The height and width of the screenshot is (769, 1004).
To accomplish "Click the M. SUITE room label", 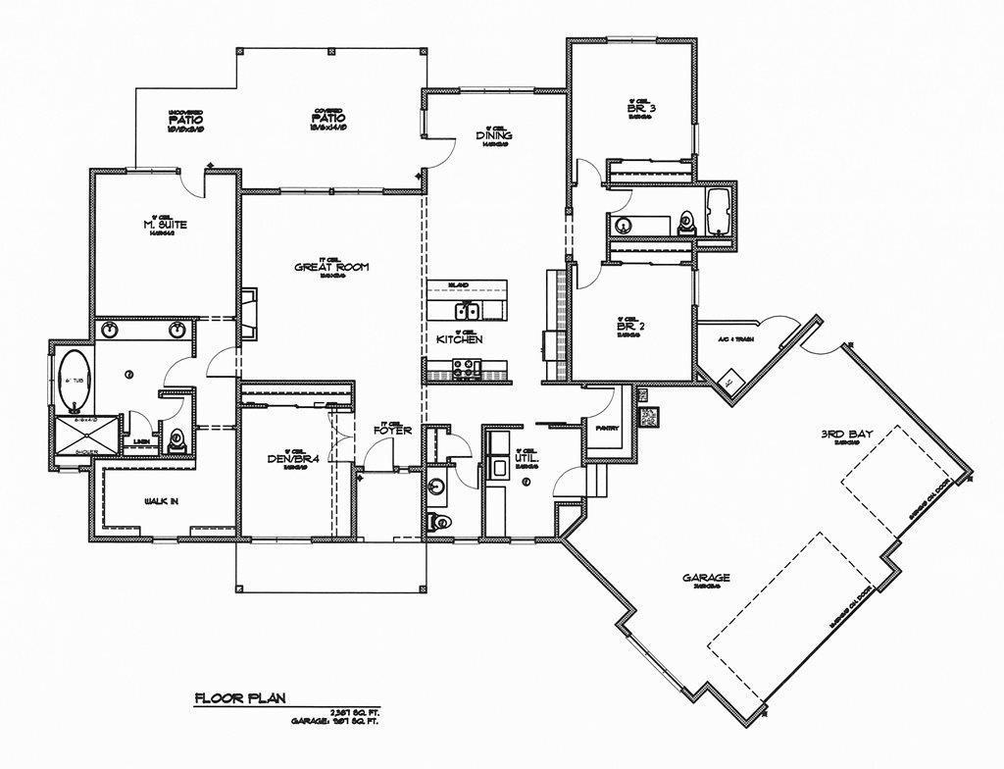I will (165, 225).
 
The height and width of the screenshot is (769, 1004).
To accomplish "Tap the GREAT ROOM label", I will (331, 267).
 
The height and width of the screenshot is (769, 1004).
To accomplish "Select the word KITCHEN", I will (459, 339).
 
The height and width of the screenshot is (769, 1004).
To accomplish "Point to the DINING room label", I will (494, 135).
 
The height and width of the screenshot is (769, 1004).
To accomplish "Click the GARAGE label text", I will (706, 578).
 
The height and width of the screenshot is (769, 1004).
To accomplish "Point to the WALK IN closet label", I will (161, 502).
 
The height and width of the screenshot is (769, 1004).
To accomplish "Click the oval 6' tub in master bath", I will (73, 381).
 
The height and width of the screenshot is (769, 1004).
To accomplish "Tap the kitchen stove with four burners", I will (464, 369).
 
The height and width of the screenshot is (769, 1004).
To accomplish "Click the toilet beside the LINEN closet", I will (177, 440).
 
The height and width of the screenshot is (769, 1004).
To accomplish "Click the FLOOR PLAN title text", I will (239, 698).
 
